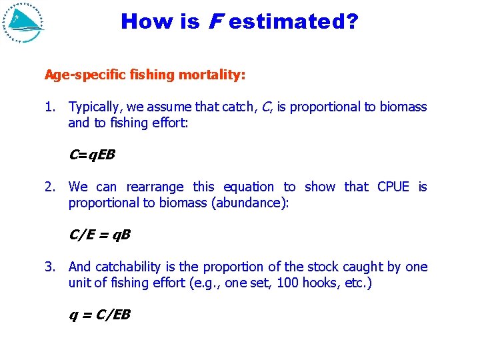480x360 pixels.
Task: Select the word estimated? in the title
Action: coord(293,22)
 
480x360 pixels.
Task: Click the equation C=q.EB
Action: coord(92,155)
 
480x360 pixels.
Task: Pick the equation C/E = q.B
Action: coord(99,235)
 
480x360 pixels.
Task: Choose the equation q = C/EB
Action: coord(99,315)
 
